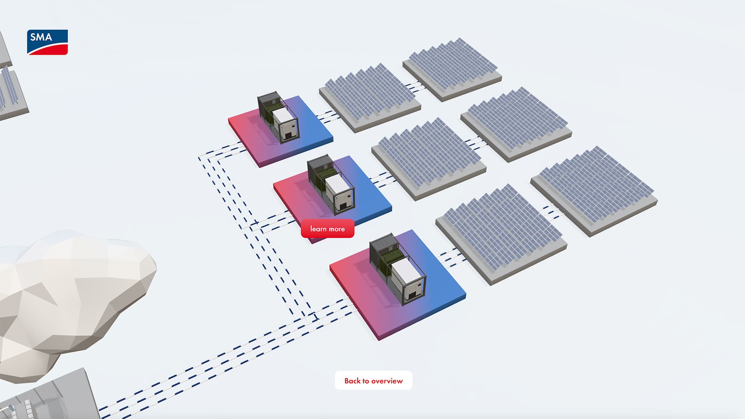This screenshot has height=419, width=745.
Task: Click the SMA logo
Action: (47, 42)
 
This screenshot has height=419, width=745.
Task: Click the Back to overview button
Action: (373, 381)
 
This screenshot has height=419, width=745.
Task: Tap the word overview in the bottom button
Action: (387, 381)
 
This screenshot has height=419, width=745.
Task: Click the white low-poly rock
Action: (70, 295)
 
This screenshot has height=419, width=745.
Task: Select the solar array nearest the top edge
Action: (452, 68)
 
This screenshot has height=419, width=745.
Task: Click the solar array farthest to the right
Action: (594, 190)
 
